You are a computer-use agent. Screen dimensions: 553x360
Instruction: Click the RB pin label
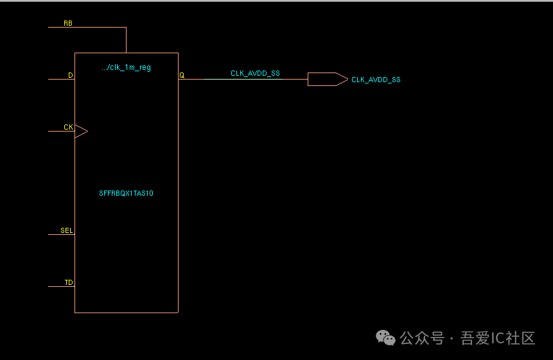[67, 23]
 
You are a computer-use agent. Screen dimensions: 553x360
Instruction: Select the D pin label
[71, 76]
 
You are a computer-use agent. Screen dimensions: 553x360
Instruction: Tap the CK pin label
[68, 127]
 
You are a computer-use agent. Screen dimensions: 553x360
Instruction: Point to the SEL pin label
[66, 230]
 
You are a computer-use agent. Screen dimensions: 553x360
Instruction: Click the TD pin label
[68, 282]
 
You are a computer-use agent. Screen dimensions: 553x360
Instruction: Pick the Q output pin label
[182, 75]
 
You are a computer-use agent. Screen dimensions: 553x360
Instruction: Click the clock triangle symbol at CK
[81, 131]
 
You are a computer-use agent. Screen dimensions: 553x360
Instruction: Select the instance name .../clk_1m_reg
[126, 67]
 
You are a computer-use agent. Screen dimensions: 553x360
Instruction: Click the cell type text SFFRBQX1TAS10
[126, 193]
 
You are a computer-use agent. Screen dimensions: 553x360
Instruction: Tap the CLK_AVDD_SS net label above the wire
[255, 73]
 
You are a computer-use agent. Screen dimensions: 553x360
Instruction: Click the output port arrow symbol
[327, 80]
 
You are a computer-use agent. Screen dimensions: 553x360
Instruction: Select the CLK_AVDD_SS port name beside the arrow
[376, 80]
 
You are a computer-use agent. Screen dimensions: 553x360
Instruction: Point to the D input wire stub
[61, 80]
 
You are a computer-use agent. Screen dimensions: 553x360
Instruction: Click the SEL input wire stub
[61, 234]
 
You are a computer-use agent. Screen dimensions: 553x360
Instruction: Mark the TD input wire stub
[61, 286]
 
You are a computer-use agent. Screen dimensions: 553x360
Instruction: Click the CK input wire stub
[61, 131]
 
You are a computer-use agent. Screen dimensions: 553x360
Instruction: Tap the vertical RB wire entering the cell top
[126, 40]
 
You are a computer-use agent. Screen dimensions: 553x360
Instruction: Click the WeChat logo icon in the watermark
[386, 338]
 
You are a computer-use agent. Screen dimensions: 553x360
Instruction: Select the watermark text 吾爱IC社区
[498, 338]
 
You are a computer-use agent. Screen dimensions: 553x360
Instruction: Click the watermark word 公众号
[422, 338]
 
